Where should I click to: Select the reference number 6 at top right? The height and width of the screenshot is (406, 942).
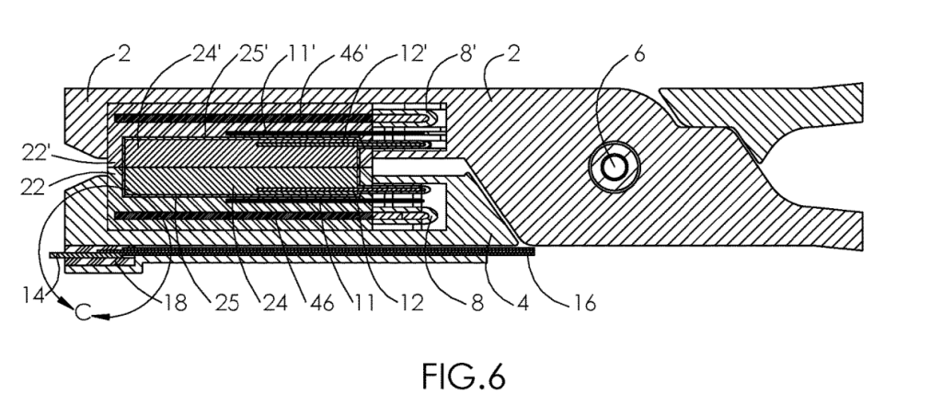coord(638,53)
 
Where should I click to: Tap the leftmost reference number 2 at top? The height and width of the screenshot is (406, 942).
coord(124,53)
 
